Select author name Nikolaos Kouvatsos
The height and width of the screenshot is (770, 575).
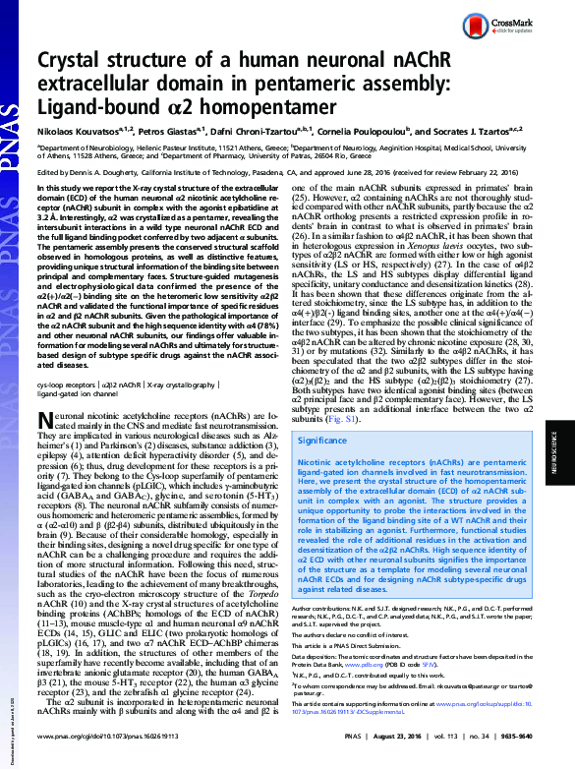pos(75,131)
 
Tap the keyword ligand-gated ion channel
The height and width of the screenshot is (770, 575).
pos(73,396)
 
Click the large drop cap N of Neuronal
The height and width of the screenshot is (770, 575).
pos(45,420)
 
